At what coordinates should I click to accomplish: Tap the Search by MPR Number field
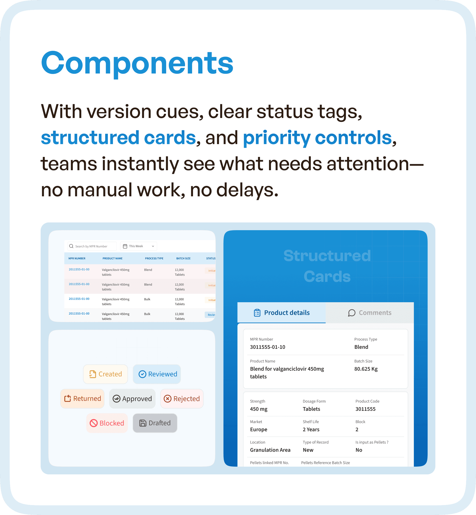point(92,246)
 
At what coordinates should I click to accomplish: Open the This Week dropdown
point(139,246)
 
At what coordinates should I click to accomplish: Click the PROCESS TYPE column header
point(154,258)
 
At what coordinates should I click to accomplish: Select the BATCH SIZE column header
point(183,258)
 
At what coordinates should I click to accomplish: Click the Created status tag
point(105,374)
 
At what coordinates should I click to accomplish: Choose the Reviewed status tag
point(157,374)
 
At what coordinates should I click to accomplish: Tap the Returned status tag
point(82,398)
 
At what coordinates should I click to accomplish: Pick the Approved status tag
point(132,399)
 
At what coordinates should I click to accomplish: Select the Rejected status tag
point(182,399)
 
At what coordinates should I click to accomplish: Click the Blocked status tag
point(107,423)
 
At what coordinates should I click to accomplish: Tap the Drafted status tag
point(155,423)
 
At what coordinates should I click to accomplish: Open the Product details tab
point(282,313)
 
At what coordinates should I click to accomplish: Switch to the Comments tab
point(370,313)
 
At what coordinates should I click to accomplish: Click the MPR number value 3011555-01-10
point(267,347)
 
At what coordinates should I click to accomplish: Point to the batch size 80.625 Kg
point(366,369)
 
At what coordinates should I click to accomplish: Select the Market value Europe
point(259,429)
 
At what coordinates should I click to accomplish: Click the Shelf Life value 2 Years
point(311,429)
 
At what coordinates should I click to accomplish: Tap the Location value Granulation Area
point(270,450)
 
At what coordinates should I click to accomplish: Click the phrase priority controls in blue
point(317,138)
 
